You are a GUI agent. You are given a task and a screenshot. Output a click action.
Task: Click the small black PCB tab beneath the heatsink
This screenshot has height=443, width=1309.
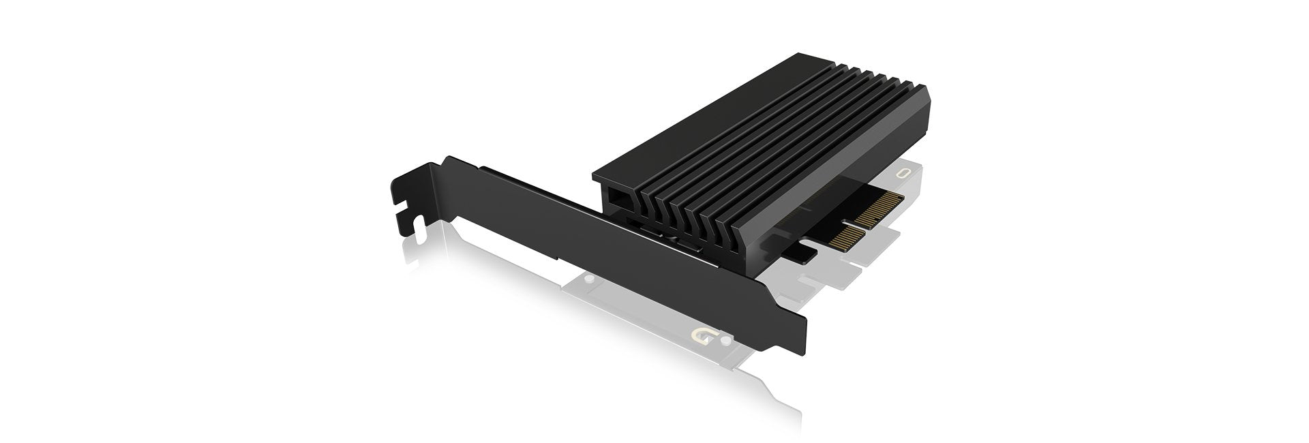tap(798, 254)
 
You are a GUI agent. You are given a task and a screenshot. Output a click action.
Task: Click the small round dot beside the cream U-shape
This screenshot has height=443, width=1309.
tap(725, 337)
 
